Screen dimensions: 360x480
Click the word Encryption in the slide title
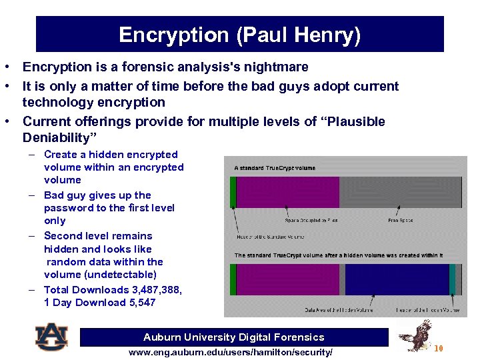point(173,35)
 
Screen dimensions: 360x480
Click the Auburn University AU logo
point(51,337)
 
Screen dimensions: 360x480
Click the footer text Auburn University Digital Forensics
point(234,337)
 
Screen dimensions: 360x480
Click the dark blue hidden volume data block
point(397,279)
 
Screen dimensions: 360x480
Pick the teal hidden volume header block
point(453,279)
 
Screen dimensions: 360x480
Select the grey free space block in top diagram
point(400,192)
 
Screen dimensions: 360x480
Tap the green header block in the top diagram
point(233,192)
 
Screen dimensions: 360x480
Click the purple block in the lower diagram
point(287,279)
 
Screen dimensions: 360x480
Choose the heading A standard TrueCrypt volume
point(275,168)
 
